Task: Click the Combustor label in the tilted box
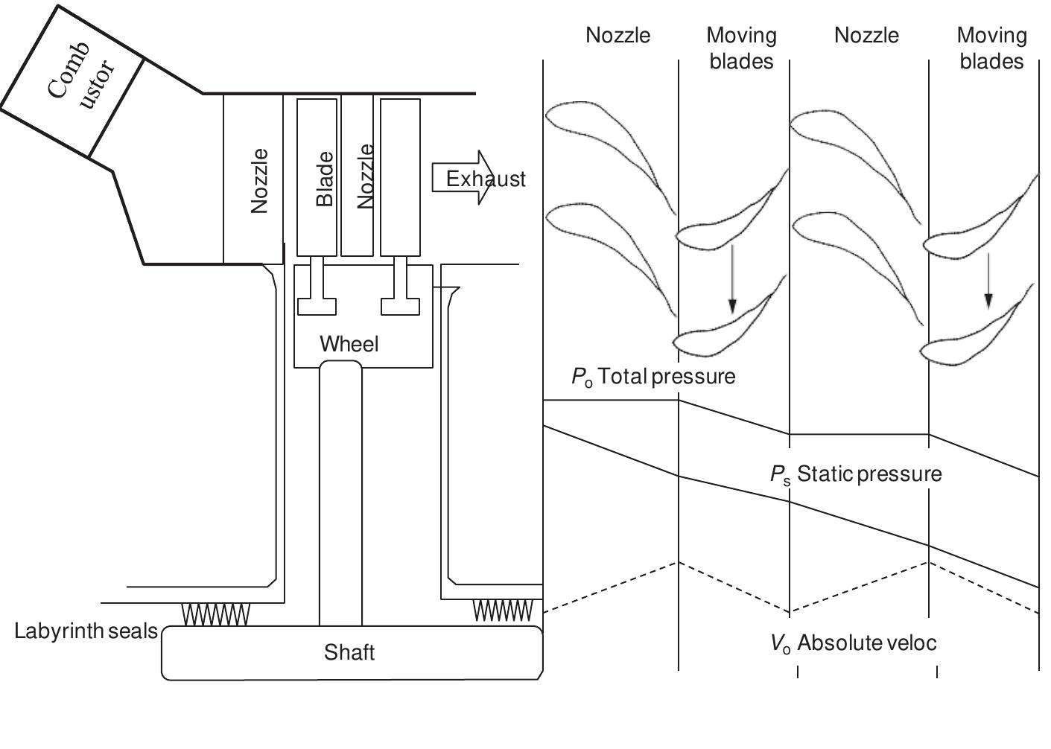pyautogui.click(x=82, y=78)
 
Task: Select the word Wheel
pyautogui.click(x=349, y=344)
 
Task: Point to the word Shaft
pyautogui.click(x=349, y=652)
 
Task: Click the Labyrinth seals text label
pyautogui.click(x=86, y=631)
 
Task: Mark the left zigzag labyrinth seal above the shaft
pyautogui.click(x=216, y=614)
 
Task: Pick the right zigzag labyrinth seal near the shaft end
pyautogui.click(x=504, y=611)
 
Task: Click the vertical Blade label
pyautogui.click(x=325, y=179)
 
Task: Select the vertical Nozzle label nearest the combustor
pyautogui.click(x=259, y=181)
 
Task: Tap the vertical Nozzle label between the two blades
pyautogui.click(x=365, y=176)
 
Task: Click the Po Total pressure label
pyautogui.click(x=653, y=377)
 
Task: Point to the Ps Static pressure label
pyautogui.click(x=856, y=474)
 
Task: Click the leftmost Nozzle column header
pyautogui.click(x=617, y=35)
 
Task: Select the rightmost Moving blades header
pyautogui.click(x=991, y=48)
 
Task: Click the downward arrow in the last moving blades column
pyautogui.click(x=988, y=280)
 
